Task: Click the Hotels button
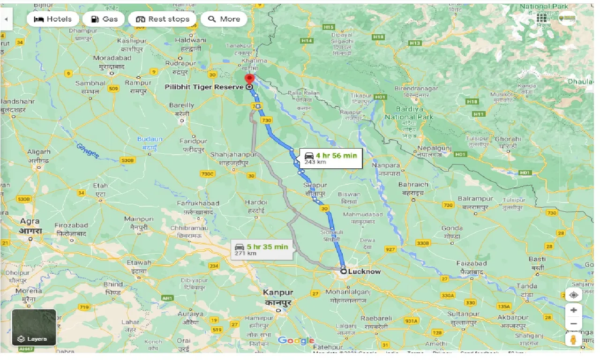52,19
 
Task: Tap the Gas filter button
104,19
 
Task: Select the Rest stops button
162,19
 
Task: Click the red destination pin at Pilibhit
249,79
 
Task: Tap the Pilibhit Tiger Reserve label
204,87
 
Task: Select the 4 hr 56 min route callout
331,158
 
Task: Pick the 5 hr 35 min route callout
262,249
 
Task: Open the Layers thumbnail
34,327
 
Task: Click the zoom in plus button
573,310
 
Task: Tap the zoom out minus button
573,324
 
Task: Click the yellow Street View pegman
573,340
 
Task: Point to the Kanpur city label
278,292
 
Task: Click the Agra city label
30,221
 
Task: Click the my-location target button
573,295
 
